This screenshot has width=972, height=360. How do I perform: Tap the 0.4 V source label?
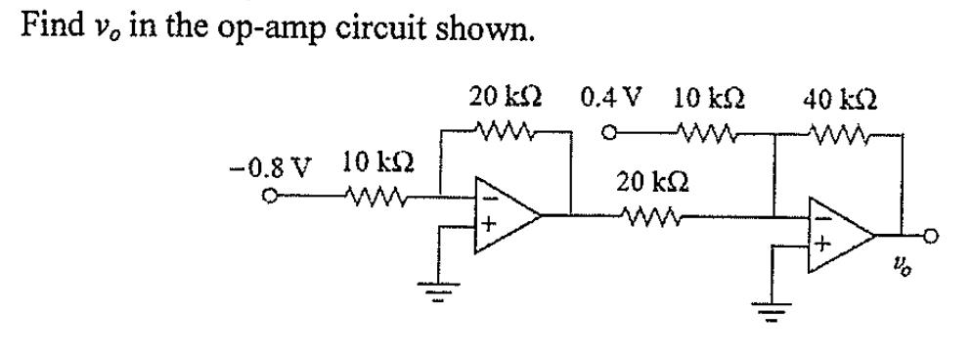(x=612, y=99)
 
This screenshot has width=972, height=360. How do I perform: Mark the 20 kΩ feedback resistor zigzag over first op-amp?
(x=507, y=128)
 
